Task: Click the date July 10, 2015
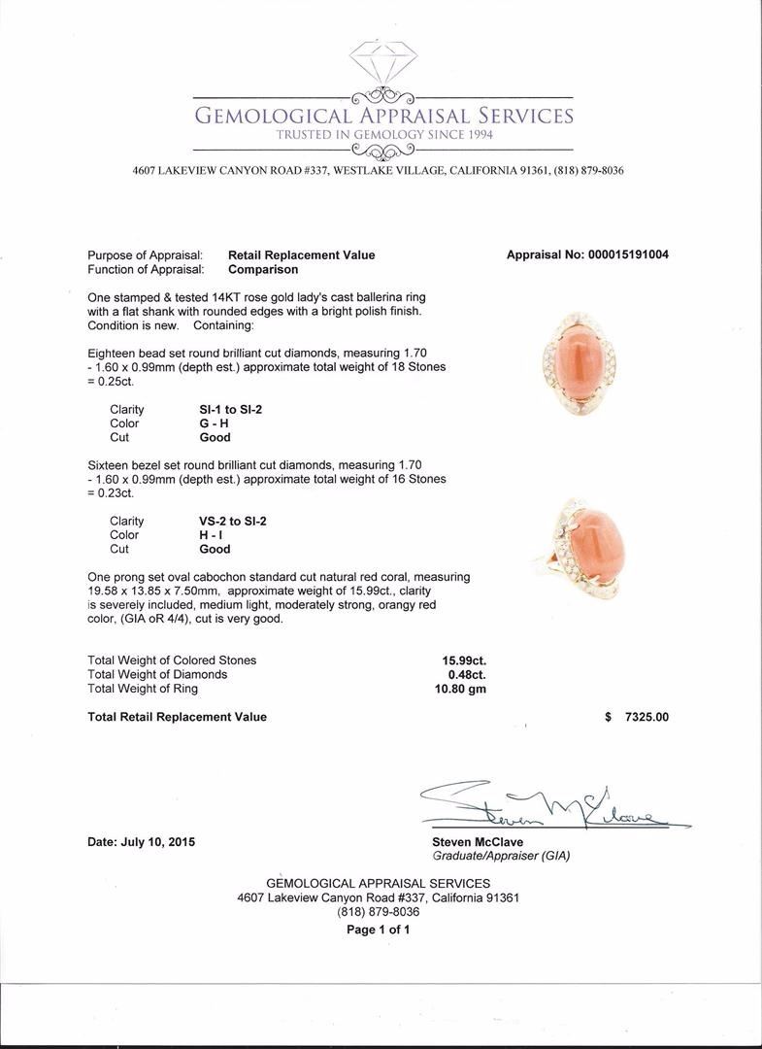pyautogui.click(x=142, y=842)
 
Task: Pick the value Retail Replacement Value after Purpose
pyautogui.click(x=301, y=255)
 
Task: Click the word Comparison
pyautogui.click(x=263, y=269)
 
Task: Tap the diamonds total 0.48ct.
pyautogui.click(x=467, y=674)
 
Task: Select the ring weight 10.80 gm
pyautogui.click(x=462, y=689)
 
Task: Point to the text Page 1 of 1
pyautogui.click(x=379, y=930)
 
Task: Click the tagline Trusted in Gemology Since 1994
pyautogui.click(x=384, y=135)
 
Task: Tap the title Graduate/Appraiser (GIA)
pyautogui.click(x=501, y=856)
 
